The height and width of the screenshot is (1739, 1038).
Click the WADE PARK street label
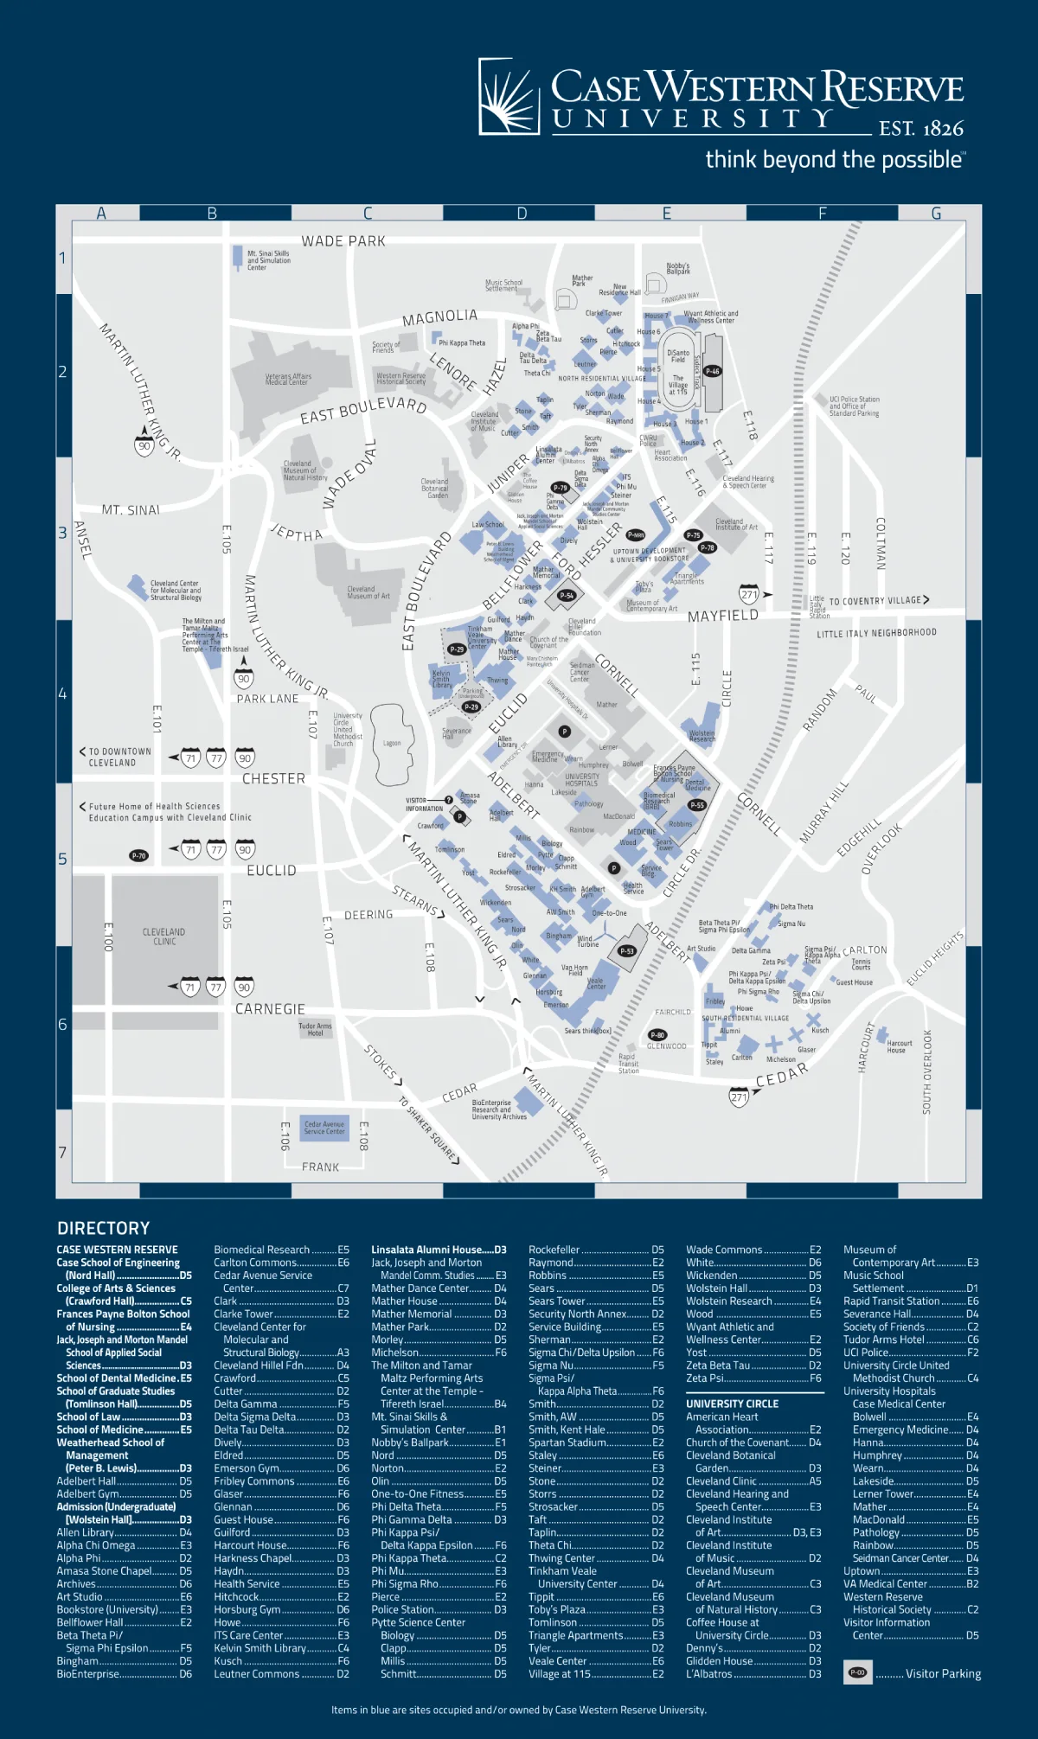(343, 241)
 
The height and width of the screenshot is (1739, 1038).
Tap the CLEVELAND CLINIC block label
(163, 937)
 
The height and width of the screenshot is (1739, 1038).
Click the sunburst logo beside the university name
(509, 96)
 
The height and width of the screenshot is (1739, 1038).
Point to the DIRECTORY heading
(104, 1228)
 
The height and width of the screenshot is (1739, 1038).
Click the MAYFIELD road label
(723, 616)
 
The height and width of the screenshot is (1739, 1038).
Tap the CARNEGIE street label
(270, 1009)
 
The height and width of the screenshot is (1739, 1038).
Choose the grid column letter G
(936, 214)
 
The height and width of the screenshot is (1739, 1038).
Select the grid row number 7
(62, 1153)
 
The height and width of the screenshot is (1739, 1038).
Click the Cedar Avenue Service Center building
(324, 1128)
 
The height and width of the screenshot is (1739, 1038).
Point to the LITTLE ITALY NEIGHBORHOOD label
(876, 633)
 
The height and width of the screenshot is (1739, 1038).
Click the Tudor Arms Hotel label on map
(315, 1029)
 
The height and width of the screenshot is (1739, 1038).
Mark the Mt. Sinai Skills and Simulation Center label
(268, 260)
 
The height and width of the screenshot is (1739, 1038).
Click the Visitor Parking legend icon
(857, 1672)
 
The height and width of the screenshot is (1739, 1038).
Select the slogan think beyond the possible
(835, 160)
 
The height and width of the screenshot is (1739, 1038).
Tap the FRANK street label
(321, 1167)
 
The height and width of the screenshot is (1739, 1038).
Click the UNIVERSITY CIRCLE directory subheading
(732, 1403)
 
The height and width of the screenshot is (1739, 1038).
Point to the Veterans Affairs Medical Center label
(288, 380)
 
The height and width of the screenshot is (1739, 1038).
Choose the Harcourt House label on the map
(899, 1046)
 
